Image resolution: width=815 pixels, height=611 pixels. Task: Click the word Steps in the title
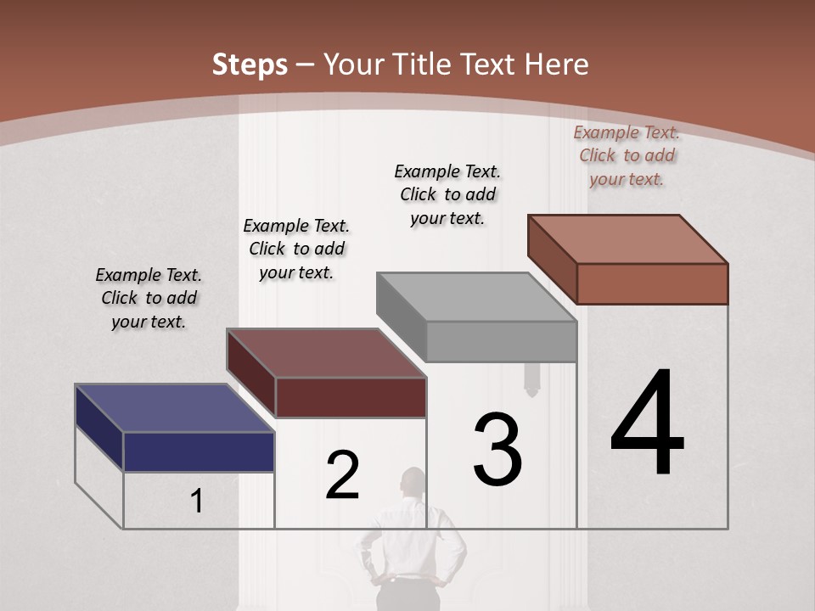pyautogui.click(x=250, y=64)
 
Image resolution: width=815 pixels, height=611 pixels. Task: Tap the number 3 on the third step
pyautogui.click(x=497, y=450)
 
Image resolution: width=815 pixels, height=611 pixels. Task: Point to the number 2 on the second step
pyautogui.click(x=342, y=475)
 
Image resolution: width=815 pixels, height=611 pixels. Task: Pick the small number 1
pyautogui.click(x=196, y=502)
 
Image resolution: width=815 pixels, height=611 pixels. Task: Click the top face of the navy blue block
pyautogui.click(x=174, y=408)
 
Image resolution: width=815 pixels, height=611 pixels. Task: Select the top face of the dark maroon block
pyautogui.click(x=326, y=353)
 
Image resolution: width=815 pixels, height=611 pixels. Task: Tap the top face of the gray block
pyautogui.click(x=475, y=297)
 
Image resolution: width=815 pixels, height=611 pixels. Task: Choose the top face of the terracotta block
pyautogui.click(x=627, y=239)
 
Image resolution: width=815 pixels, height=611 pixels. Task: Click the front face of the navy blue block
pyautogui.click(x=199, y=451)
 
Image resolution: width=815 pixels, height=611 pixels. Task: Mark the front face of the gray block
pyautogui.click(x=501, y=342)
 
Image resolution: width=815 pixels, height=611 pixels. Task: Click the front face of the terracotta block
pyautogui.click(x=652, y=283)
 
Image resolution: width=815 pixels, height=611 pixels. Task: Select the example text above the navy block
pyautogui.click(x=149, y=298)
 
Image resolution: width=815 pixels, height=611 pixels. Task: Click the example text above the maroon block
pyautogui.click(x=296, y=249)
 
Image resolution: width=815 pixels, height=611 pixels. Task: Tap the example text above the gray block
pyautogui.click(x=447, y=194)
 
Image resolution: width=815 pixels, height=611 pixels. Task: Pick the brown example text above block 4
pyautogui.click(x=627, y=155)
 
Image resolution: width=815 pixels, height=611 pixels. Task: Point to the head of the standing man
pyautogui.click(x=413, y=480)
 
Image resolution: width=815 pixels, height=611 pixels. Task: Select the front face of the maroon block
pyautogui.click(x=351, y=397)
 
